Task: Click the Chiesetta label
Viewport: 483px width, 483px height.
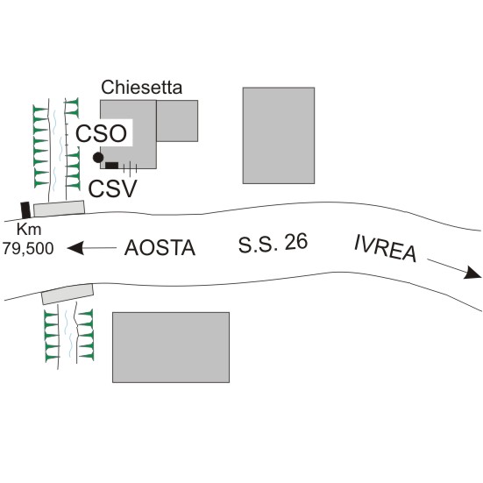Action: click(x=142, y=88)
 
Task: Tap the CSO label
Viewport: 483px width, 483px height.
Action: click(x=102, y=134)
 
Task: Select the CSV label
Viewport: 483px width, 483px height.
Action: click(x=112, y=188)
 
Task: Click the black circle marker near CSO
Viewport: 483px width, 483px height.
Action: click(x=98, y=158)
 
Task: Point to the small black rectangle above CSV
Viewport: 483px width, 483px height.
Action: click(x=112, y=166)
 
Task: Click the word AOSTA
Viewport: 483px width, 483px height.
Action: click(x=160, y=248)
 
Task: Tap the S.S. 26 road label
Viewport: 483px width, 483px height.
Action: click(x=273, y=243)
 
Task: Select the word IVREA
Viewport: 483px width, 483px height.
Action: click(x=386, y=248)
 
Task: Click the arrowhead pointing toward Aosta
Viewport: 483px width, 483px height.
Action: click(x=75, y=248)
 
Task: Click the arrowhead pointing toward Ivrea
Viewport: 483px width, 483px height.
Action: click(x=472, y=273)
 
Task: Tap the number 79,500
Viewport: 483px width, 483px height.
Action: click(x=28, y=249)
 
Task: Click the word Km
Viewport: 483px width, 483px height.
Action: click(x=29, y=230)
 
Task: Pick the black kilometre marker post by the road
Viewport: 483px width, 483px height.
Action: click(x=25, y=210)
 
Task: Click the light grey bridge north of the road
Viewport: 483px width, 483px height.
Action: click(x=59, y=209)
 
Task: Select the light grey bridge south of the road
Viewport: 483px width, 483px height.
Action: click(x=67, y=295)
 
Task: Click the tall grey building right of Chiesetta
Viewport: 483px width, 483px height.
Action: click(x=279, y=136)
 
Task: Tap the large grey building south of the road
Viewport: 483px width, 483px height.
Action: click(x=171, y=347)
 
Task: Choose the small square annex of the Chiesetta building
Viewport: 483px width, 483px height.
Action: click(x=177, y=121)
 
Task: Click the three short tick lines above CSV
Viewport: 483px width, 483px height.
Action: click(x=130, y=168)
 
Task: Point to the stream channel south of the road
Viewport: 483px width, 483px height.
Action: click(x=67, y=336)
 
